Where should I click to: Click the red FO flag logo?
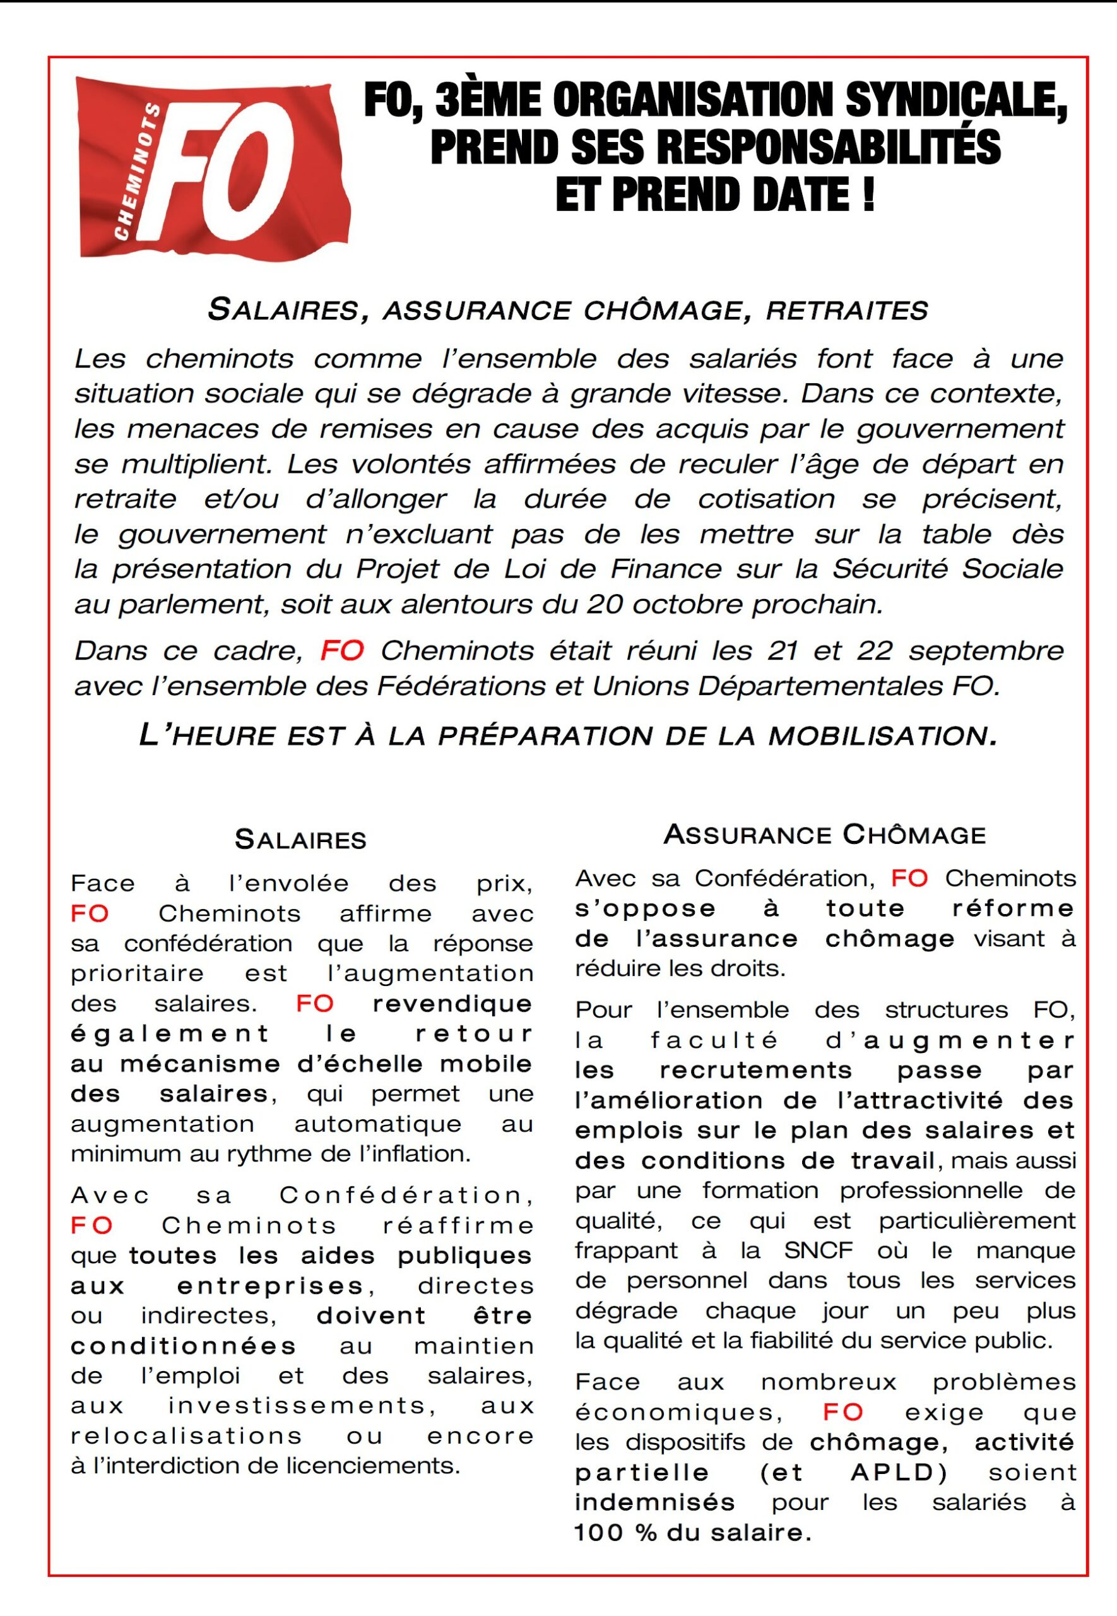[x=213, y=169]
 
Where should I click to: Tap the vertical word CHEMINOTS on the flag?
[x=136, y=172]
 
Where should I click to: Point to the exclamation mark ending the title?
[x=868, y=194]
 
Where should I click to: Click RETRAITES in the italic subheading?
[x=847, y=310]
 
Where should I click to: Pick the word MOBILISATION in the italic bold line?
[x=882, y=735]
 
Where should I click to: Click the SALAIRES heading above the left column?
[x=300, y=840]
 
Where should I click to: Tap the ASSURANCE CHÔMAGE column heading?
[x=824, y=835]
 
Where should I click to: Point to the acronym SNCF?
[x=817, y=1251]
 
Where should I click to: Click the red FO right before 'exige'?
[x=842, y=1412]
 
